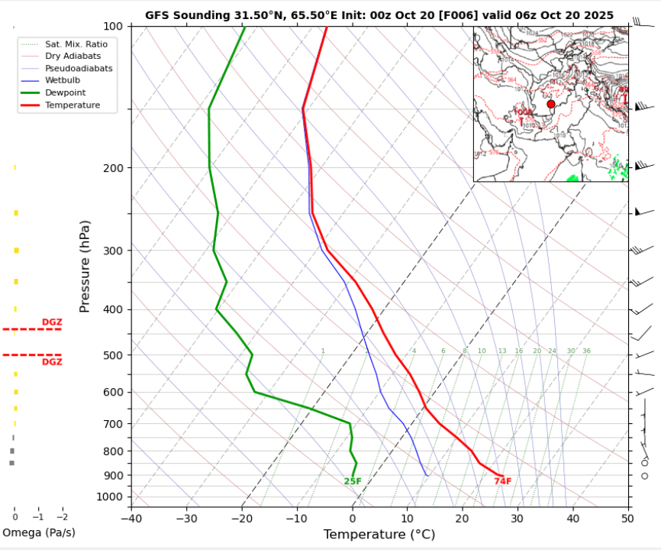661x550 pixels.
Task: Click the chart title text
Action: tap(379, 15)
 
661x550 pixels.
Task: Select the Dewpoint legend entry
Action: tap(66, 92)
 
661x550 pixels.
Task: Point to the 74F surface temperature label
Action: tap(502, 481)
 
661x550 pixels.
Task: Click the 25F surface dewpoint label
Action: tap(353, 481)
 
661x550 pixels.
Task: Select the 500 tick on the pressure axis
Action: tap(112, 355)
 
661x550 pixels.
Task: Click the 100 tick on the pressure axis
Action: tap(112, 26)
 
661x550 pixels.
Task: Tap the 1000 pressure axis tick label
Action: tap(110, 497)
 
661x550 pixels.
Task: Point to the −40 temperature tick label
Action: tap(131, 519)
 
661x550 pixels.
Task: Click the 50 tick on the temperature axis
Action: tap(627, 519)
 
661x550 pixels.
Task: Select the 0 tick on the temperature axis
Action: tap(353, 519)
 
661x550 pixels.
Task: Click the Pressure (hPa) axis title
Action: tap(85, 266)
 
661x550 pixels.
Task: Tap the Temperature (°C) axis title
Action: tap(379, 534)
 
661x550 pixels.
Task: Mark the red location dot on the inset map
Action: tap(551, 104)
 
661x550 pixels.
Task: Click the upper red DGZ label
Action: tap(52, 322)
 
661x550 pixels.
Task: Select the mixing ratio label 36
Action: tap(586, 351)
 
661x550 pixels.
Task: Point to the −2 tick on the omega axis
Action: tap(62, 516)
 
